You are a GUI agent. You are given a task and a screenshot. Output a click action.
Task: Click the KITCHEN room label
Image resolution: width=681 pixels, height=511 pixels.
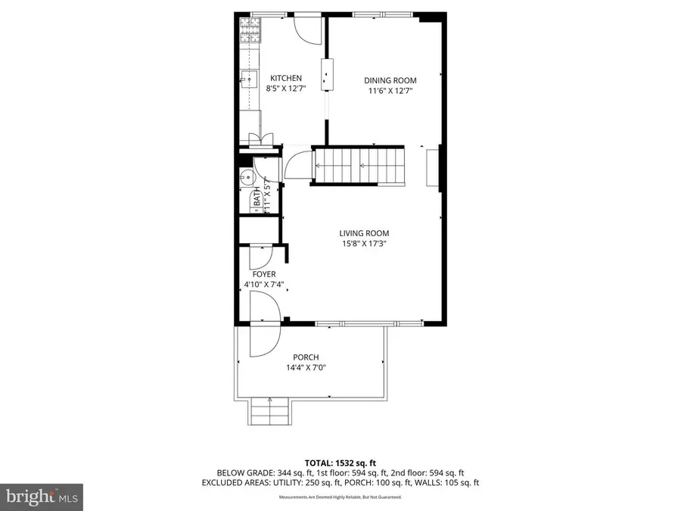click(x=287, y=78)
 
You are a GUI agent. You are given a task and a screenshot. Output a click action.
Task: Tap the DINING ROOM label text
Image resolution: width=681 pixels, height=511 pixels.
click(x=390, y=80)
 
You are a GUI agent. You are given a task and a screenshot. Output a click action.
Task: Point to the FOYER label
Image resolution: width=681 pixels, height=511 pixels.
click(x=264, y=274)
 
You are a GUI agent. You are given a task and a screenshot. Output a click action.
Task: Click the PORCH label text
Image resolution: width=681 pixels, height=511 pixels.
click(x=306, y=357)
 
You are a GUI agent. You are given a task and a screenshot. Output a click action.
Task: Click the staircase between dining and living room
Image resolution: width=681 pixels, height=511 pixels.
click(x=359, y=164)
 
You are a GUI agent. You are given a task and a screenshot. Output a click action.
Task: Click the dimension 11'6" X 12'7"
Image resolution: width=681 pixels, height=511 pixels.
click(x=390, y=91)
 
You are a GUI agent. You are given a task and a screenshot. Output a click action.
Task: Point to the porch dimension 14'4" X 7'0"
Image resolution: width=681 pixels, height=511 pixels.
click(x=306, y=368)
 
